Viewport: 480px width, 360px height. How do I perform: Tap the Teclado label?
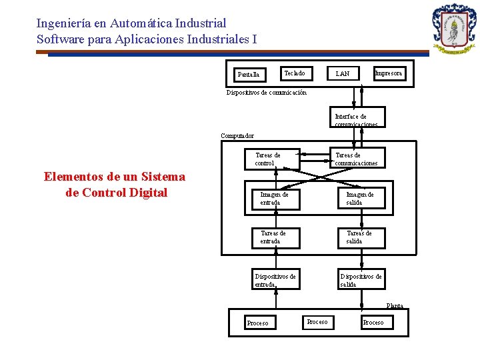click(x=294, y=73)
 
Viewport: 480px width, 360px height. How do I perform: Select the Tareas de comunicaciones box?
click(x=357, y=158)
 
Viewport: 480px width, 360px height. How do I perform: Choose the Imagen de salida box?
click(x=361, y=198)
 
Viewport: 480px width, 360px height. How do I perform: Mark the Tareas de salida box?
click(x=361, y=237)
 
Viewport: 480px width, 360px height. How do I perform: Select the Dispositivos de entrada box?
click(x=275, y=280)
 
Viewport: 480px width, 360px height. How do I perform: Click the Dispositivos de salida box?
click(x=361, y=280)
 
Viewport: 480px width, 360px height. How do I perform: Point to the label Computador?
click(x=237, y=136)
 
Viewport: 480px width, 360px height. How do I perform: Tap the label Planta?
click(x=395, y=306)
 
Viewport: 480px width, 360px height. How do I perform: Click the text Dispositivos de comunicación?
click(x=267, y=93)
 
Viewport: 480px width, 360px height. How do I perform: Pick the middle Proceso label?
click(x=317, y=322)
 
